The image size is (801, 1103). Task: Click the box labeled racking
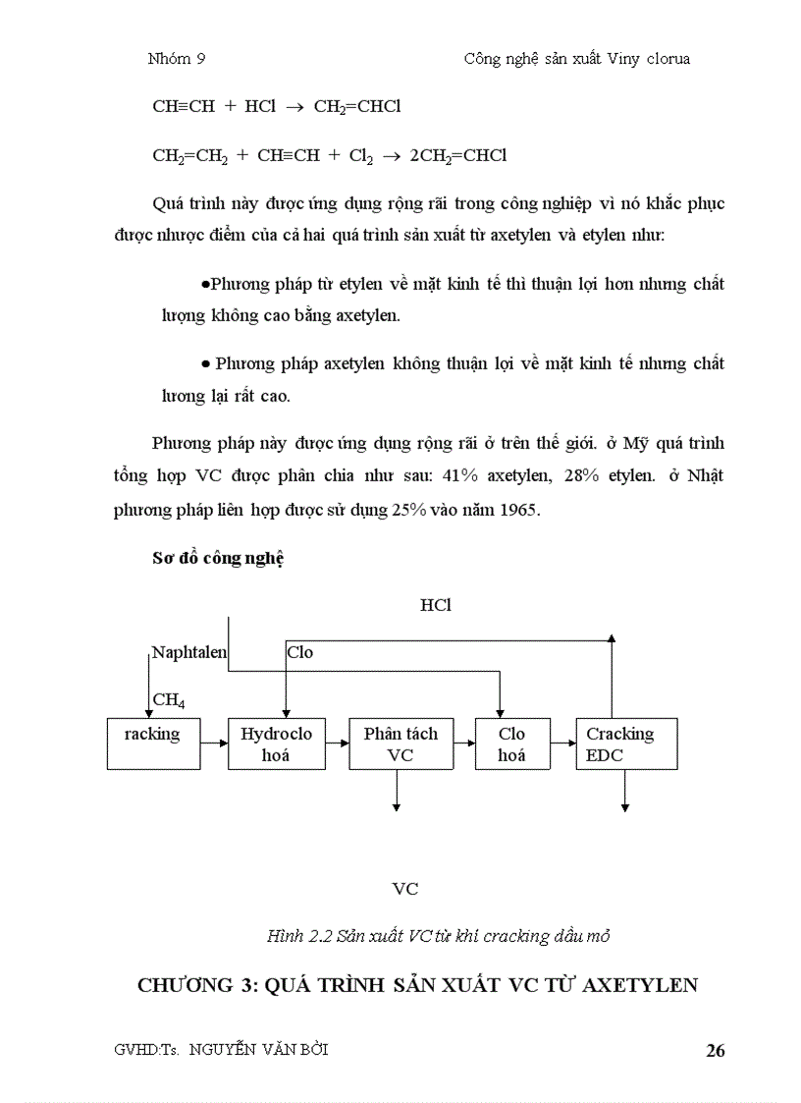click(153, 744)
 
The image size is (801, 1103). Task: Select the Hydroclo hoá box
click(277, 744)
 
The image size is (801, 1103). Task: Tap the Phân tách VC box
click(400, 744)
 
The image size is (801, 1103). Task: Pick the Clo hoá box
click(511, 744)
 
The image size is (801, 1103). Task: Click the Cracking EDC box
click(624, 744)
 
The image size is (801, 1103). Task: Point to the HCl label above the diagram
click(435, 605)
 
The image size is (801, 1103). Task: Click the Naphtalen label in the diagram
click(189, 652)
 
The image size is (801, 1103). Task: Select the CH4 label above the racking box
click(169, 700)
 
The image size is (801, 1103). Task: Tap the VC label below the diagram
click(404, 889)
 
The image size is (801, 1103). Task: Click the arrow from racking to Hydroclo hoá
click(214, 744)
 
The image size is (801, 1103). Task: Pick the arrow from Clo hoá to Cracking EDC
click(562, 744)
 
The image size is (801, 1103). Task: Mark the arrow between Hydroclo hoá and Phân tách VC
click(338, 744)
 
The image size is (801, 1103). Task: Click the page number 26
click(715, 1051)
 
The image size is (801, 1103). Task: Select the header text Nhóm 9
click(176, 59)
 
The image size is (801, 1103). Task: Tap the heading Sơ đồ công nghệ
click(217, 558)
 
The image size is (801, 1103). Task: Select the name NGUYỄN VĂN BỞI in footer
click(258, 1049)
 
